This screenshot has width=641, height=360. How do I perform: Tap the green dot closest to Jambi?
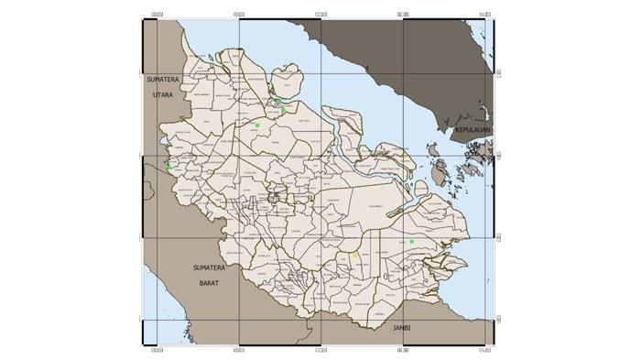point(412,241)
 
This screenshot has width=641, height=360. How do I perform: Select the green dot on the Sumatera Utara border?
point(169,167)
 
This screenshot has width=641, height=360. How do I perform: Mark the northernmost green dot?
point(277,101)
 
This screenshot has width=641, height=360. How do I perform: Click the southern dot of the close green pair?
point(283,110)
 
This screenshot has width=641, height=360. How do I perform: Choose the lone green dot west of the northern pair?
point(257,125)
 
